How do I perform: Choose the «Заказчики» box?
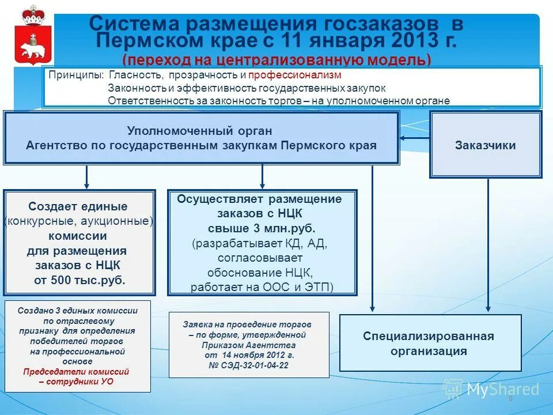tap(485, 145)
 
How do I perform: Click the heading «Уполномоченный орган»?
tap(199, 131)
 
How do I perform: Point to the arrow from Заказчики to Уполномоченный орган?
tap(415, 137)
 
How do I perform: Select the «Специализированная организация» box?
tap(430, 344)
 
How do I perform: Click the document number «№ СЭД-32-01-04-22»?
tap(249, 365)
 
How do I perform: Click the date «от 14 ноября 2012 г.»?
tap(249, 355)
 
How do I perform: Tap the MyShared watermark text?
tap(502, 390)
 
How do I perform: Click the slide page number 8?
tap(510, 399)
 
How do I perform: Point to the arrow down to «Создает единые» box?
tap(86, 176)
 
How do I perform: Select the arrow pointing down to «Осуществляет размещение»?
tap(262, 176)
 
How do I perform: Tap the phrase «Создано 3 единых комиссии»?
tap(78, 310)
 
